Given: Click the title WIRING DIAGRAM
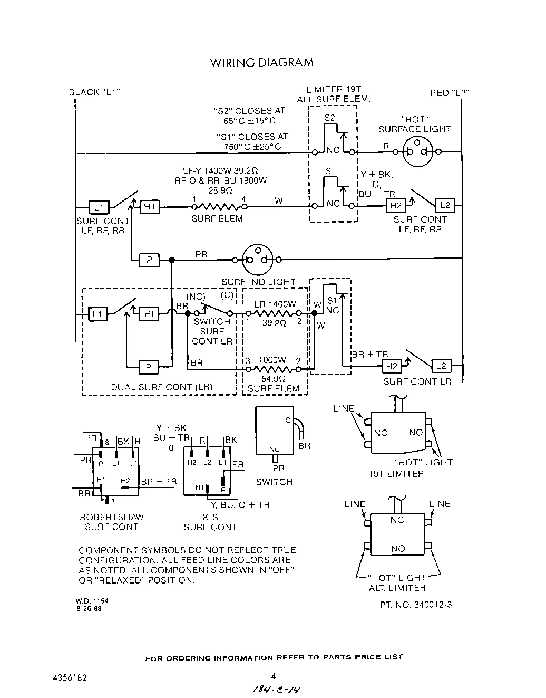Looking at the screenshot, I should point(261,63).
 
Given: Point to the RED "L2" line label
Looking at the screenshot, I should point(450,93).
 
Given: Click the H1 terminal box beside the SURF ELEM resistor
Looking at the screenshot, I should point(149,207).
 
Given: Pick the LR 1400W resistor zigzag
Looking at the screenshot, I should point(273,313).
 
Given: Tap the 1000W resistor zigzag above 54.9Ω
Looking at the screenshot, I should point(273,369).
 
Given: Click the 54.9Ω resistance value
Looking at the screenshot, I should point(273,379).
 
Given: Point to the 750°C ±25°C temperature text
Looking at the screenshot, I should point(252,147).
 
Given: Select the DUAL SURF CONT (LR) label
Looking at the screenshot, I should point(161,387).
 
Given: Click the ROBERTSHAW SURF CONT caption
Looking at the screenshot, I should point(111,522).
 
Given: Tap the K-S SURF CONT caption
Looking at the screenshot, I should point(210,522).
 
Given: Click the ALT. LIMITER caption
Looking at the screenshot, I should point(397,588).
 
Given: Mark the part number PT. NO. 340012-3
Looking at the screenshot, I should point(415,605).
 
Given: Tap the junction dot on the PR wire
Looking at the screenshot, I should point(171,260).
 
